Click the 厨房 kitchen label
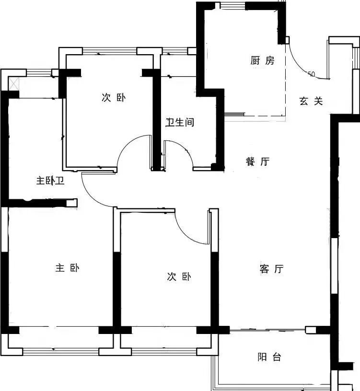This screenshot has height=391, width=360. (x=262, y=61)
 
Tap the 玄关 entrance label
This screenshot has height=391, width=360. (x=311, y=101)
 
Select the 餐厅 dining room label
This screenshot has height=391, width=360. (x=257, y=162)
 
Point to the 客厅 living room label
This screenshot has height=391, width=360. (x=271, y=269)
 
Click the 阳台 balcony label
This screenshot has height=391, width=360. (x=269, y=357)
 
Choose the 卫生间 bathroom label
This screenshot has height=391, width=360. (x=180, y=123)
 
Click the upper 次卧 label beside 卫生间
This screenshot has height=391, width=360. (x=113, y=98)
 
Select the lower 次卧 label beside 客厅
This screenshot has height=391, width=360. (x=179, y=276)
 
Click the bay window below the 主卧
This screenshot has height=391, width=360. (x=60, y=351)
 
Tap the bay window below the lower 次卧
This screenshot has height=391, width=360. (x=164, y=351)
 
